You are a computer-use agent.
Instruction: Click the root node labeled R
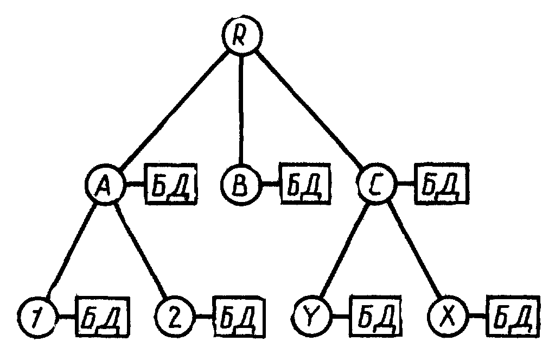[242, 35]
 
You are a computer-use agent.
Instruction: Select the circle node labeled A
[105, 184]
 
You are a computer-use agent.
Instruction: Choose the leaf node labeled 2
[175, 315]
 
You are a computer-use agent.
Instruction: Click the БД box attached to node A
[170, 184]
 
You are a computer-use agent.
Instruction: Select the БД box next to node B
[305, 184]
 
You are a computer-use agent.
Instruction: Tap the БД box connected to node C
[442, 184]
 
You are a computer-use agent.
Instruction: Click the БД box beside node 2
[239, 315]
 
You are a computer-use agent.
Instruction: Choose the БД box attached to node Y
[375, 315]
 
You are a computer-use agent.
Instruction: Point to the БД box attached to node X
[514, 315]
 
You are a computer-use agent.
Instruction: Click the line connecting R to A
[173, 110]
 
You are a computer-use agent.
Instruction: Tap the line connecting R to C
[309, 110]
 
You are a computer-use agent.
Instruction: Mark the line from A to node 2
[141, 250]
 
